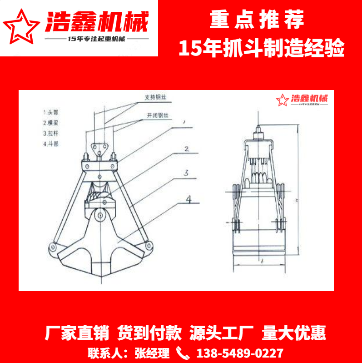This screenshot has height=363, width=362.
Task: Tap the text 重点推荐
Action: point(257,20)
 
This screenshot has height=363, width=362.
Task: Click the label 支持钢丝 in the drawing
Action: point(154,97)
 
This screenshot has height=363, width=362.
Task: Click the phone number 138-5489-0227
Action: point(239,353)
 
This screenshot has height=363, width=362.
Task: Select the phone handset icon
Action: point(182,353)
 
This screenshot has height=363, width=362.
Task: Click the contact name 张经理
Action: point(152,353)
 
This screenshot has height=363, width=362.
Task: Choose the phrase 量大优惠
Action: point(294,333)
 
